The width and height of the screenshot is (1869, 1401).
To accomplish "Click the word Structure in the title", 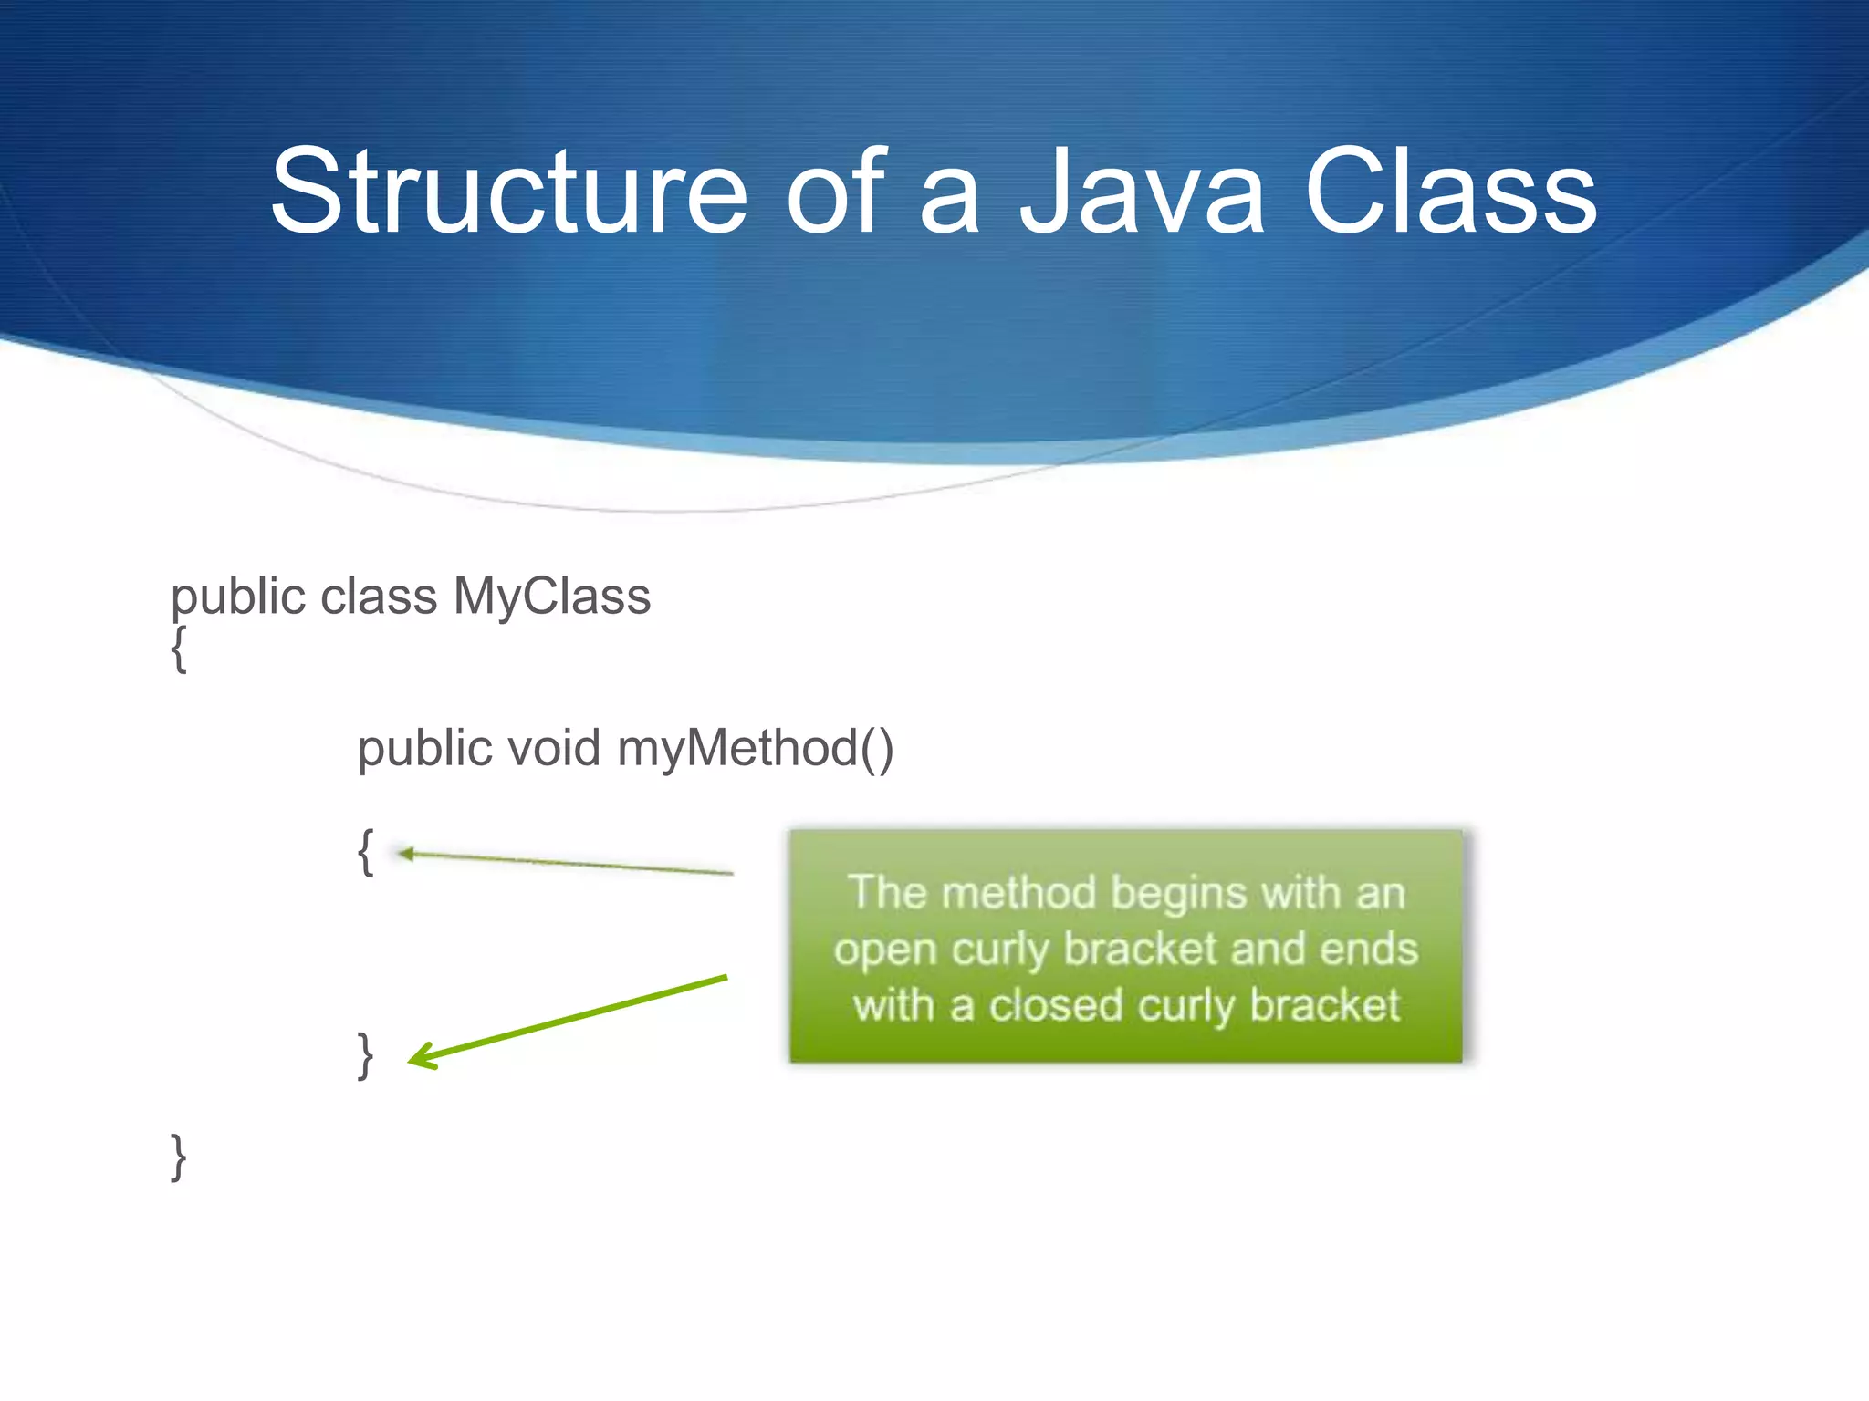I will pos(507,192).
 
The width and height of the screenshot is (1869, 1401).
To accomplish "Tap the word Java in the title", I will pos(1142,192).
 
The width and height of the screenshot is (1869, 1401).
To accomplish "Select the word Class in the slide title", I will pos(1450,192).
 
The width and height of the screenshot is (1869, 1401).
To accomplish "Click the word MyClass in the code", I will pos(551,597).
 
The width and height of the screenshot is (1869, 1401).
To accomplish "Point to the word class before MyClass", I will pos(379,597).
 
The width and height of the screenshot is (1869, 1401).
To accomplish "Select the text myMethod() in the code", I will pos(755,749).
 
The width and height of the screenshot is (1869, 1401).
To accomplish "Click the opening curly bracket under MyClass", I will pos(179,650).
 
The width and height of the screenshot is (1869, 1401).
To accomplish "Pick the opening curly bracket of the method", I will pos(365,853).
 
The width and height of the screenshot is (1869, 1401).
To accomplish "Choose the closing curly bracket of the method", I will pos(365,1055).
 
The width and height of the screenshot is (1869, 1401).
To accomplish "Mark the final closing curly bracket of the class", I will pos(179,1157).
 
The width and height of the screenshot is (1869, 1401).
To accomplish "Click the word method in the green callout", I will pos(1018,893).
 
